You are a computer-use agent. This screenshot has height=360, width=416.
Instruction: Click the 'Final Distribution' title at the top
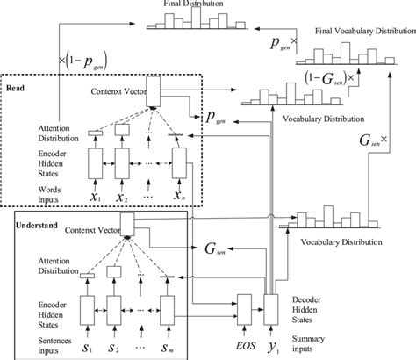(202, 4)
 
